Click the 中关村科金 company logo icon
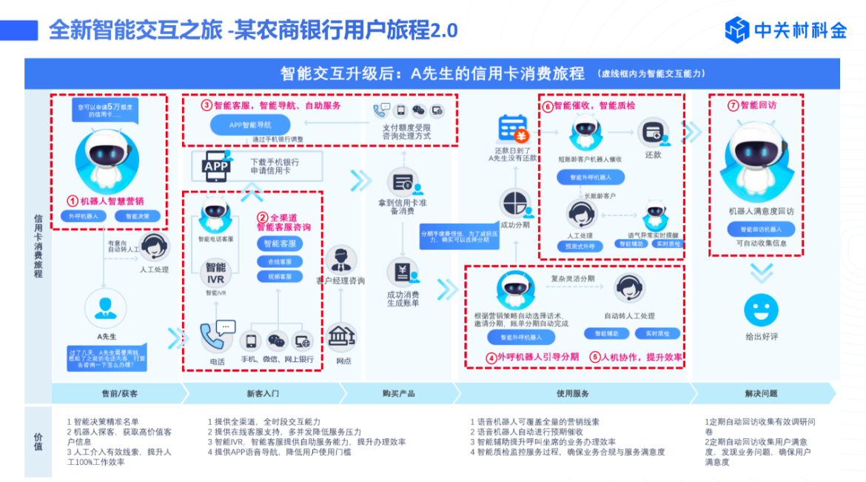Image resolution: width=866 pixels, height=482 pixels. coord(737,30)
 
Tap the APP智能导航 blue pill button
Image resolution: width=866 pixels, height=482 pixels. coord(249,125)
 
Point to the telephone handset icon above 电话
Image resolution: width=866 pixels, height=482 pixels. coord(214,337)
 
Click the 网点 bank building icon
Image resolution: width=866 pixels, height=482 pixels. coord(342,338)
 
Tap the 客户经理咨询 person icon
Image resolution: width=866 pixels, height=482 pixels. coord(340,260)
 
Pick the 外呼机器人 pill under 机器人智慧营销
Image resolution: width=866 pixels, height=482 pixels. coord(84,217)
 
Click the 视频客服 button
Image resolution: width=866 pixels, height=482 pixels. coord(280,276)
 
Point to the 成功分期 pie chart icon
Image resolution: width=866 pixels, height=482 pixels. coord(514,204)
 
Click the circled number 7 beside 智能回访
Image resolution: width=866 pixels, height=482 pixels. coord(733,105)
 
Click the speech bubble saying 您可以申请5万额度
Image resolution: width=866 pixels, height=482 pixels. coord(105,110)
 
